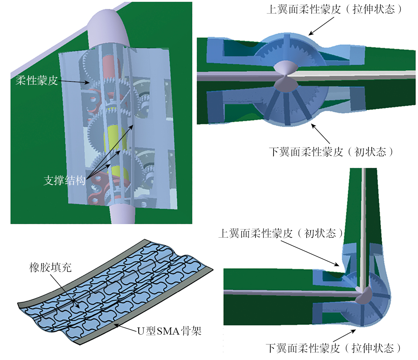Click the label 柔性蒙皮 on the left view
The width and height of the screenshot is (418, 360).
coord(37,81)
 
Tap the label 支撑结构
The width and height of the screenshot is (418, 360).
coord(64,180)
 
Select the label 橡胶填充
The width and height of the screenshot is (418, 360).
coord(50,267)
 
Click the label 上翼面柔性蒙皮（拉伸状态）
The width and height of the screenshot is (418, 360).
coord(334,9)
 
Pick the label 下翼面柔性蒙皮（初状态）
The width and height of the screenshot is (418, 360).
coord(331,152)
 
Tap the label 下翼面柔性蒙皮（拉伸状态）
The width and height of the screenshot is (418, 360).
coord(333,348)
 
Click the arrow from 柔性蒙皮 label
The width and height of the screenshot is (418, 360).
coord(74,81)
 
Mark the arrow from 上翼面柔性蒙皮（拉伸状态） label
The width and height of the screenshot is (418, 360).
coord(321,26)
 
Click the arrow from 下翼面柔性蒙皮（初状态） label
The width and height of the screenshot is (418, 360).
coord(320,134)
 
